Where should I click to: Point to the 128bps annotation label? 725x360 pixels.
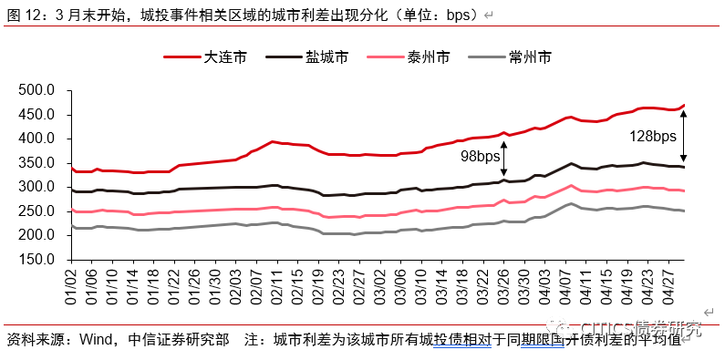point(653,137)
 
